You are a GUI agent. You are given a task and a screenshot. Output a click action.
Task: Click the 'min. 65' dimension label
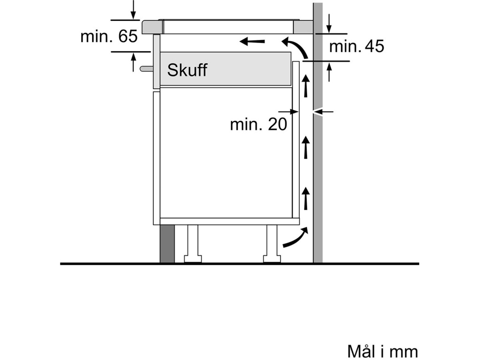coord(109,36)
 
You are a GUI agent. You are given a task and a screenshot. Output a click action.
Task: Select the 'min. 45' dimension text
coord(356,46)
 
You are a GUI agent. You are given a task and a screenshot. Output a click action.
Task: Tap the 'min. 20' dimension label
coord(258,124)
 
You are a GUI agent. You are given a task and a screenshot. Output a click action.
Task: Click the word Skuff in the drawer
coord(187,70)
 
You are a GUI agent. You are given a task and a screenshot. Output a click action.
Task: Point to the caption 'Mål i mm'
coord(382,352)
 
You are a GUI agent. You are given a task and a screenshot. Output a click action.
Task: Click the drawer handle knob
coord(146,69)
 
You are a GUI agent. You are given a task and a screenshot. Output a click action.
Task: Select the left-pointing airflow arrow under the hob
coord(252,41)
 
